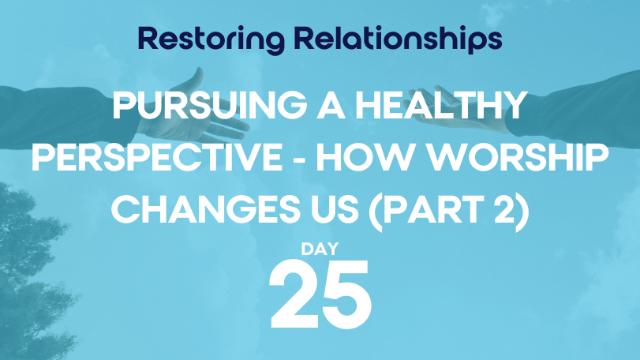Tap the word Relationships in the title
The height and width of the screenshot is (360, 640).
pyautogui.click(x=398, y=39)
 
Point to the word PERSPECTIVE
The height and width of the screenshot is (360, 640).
pyautogui.click(x=157, y=157)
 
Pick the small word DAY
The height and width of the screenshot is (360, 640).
pyautogui.click(x=320, y=249)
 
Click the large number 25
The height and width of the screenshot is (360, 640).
pyautogui.click(x=321, y=294)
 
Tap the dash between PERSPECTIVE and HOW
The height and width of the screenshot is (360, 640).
pyautogui.click(x=299, y=159)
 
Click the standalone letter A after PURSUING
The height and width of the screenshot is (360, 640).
pyautogui.click(x=331, y=105)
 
